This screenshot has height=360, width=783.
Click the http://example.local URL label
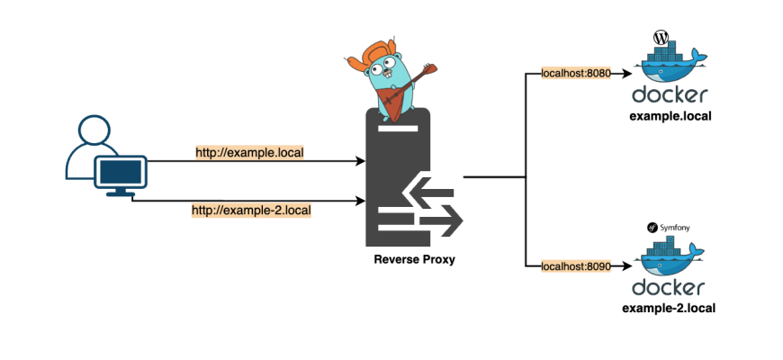tap(250, 152)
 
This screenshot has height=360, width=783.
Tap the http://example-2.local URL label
tap(251, 211)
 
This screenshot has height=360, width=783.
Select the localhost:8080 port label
tap(575, 73)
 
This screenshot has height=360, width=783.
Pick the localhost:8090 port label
tap(575, 265)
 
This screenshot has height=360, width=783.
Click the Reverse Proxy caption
tap(413, 260)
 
